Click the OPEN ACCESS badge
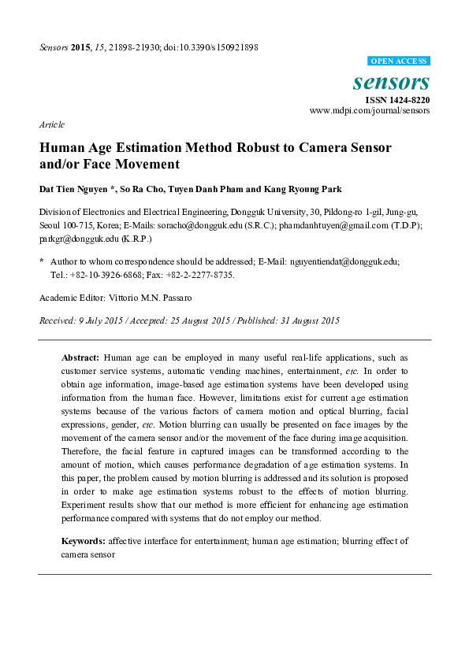[x=399, y=61]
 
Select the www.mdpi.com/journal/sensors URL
[x=370, y=111]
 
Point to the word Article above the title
[x=51, y=124]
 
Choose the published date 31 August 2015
[x=309, y=320]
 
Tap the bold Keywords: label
[x=84, y=542]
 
